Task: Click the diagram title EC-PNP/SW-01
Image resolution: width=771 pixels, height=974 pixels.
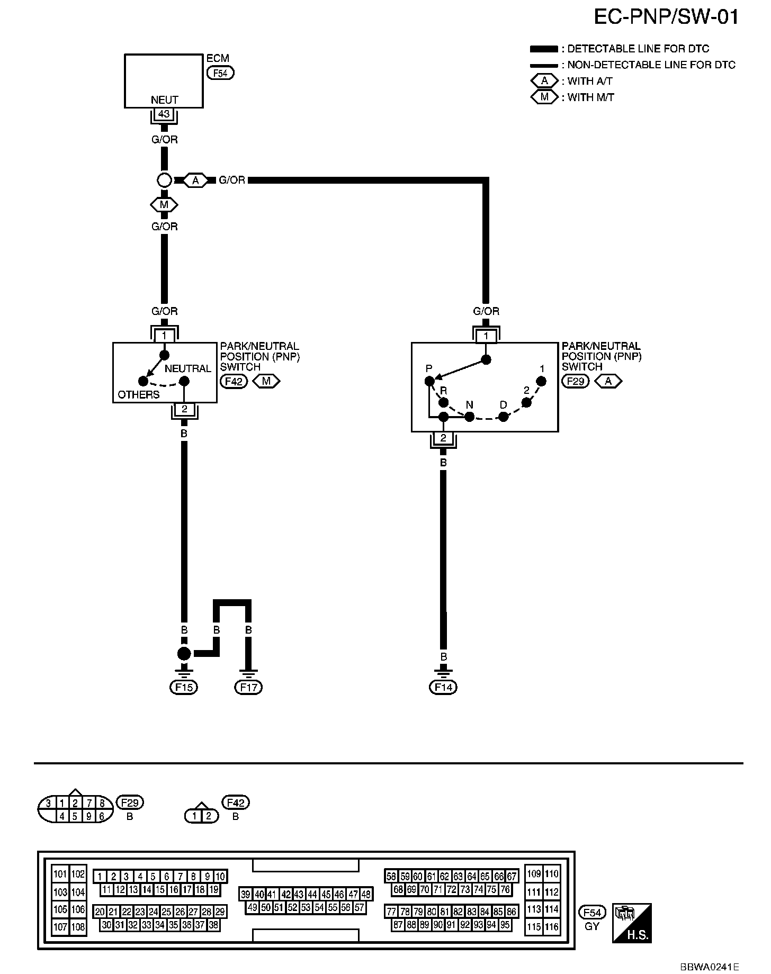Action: [666, 17]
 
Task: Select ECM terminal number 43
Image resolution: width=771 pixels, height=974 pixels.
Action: [164, 114]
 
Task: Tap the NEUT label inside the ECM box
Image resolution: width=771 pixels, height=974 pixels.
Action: [164, 100]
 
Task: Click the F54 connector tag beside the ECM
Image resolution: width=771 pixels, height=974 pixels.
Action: [220, 73]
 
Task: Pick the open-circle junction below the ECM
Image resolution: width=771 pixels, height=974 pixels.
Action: [164, 181]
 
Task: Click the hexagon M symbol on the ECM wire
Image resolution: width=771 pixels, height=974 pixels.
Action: [164, 204]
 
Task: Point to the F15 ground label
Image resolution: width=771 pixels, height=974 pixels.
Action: [184, 687]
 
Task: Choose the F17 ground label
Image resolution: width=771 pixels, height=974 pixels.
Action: [248, 687]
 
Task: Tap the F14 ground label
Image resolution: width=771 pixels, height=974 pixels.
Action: [443, 687]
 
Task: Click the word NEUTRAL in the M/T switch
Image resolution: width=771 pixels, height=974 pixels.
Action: [187, 368]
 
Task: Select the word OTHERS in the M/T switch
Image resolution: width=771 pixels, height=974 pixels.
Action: [138, 394]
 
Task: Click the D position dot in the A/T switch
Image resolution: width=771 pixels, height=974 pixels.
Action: [504, 417]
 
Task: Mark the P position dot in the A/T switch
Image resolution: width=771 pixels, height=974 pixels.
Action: [429, 381]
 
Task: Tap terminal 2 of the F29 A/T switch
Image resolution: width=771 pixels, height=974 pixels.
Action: [443, 438]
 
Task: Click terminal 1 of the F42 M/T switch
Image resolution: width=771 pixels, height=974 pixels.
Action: [164, 336]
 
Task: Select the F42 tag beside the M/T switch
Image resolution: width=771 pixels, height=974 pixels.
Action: [234, 381]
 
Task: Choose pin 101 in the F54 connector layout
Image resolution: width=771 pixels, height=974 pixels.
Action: [60, 874]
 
